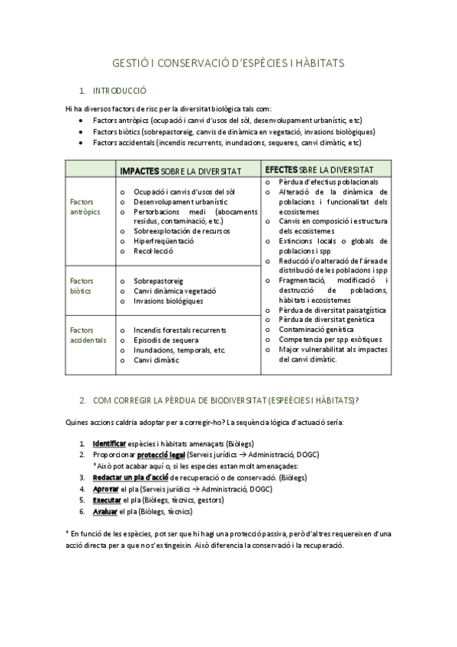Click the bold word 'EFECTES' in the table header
click(281, 169)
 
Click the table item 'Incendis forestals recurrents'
click(179, 330)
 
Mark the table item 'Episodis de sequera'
click(166, 340)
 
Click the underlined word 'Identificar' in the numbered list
click(108, 443)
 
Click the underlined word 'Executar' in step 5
click(107, 500)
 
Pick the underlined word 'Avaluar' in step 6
click(105, 511)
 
